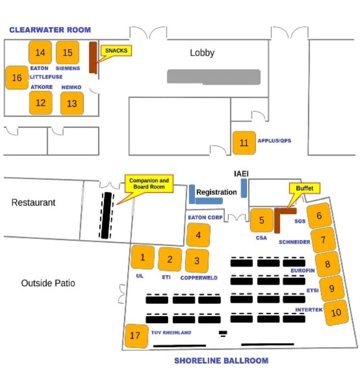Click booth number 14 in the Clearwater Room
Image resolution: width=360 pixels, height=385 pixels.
(x=40, y=52)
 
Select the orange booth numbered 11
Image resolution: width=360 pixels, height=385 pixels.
(x=244, y=143)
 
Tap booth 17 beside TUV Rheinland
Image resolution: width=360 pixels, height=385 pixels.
(x=136, y=336)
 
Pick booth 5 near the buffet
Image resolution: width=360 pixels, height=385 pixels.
(x=261, y=220)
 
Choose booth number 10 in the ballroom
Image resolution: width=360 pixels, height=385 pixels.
(x=336, y=312)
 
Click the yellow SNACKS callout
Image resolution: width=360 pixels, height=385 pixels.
(x=116, y=50)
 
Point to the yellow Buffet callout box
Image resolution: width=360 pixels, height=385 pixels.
(x=304, y=188)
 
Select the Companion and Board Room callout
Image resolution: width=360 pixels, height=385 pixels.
(x=149, y=183)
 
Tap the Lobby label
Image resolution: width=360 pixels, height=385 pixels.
(x=202, y=53)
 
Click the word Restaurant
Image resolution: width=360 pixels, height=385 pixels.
(x=33, y=203)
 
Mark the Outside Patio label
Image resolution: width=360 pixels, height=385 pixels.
(x=48, y=283)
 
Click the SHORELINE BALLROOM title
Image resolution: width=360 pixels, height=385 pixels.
(x=221, y=361)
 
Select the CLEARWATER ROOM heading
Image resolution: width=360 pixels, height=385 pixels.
(x=50, y=30)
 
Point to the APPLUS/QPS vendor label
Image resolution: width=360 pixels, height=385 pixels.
(x=274, y=141)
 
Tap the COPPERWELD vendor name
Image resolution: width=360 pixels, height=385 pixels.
(x=199, y=277)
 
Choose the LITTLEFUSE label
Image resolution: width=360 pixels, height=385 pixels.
(x=46, y=77)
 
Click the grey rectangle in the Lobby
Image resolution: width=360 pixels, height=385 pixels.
(x=214, y=77)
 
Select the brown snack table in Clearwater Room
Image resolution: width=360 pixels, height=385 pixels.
(x=93, y=58)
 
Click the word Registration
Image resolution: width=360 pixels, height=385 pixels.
(x=217, y=192)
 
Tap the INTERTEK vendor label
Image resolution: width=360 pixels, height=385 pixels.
(x=309, y=310)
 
